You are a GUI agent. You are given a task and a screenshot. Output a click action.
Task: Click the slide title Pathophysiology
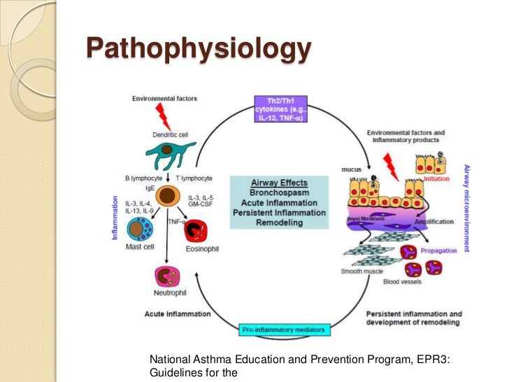coord(198,50)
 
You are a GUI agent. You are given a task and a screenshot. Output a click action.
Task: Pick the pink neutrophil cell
coord(169,277)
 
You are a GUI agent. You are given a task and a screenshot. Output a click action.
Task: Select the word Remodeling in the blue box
coord(279,222)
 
